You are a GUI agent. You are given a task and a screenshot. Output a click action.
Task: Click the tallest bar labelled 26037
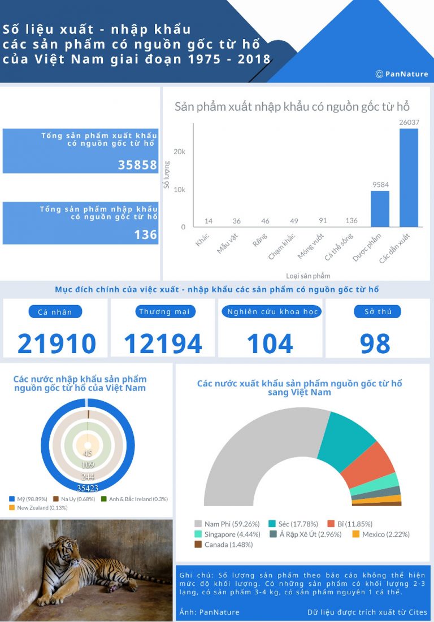click(x=409, y=178)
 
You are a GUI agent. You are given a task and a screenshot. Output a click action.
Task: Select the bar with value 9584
click(x=380, y=209)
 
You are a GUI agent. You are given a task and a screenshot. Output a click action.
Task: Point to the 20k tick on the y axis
click(x=179, y=151)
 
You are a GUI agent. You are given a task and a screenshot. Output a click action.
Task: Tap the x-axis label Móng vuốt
click(x=311, y=246)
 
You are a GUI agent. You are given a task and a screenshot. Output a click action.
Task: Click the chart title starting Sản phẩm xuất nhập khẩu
click(x=292, y=107)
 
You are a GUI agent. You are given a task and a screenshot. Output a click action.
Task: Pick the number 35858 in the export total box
click(x=138, y=165)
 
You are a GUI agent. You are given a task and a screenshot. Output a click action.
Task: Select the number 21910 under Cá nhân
click(x=57, y=343)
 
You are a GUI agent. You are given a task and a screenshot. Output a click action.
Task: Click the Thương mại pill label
click(x=163, y=312)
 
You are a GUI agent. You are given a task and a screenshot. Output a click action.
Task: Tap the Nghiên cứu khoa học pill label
click(x=272, y=312)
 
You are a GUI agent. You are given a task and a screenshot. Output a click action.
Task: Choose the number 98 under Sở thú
click(x=375, y=343)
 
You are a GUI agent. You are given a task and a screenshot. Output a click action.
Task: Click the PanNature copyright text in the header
click(x=402, y=74)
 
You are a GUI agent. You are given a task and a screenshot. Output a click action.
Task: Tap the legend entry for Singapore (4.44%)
click(x=228, y=534)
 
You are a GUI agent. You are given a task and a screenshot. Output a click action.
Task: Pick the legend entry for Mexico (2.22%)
click(x=381, y=534)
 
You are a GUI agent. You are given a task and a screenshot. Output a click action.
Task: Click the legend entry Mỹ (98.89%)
click(x=28, y=499)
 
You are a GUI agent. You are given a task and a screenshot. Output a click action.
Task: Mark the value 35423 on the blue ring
click(x=88, y=488)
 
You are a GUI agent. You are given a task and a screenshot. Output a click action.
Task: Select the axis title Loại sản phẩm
click(x=308, y=276)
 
